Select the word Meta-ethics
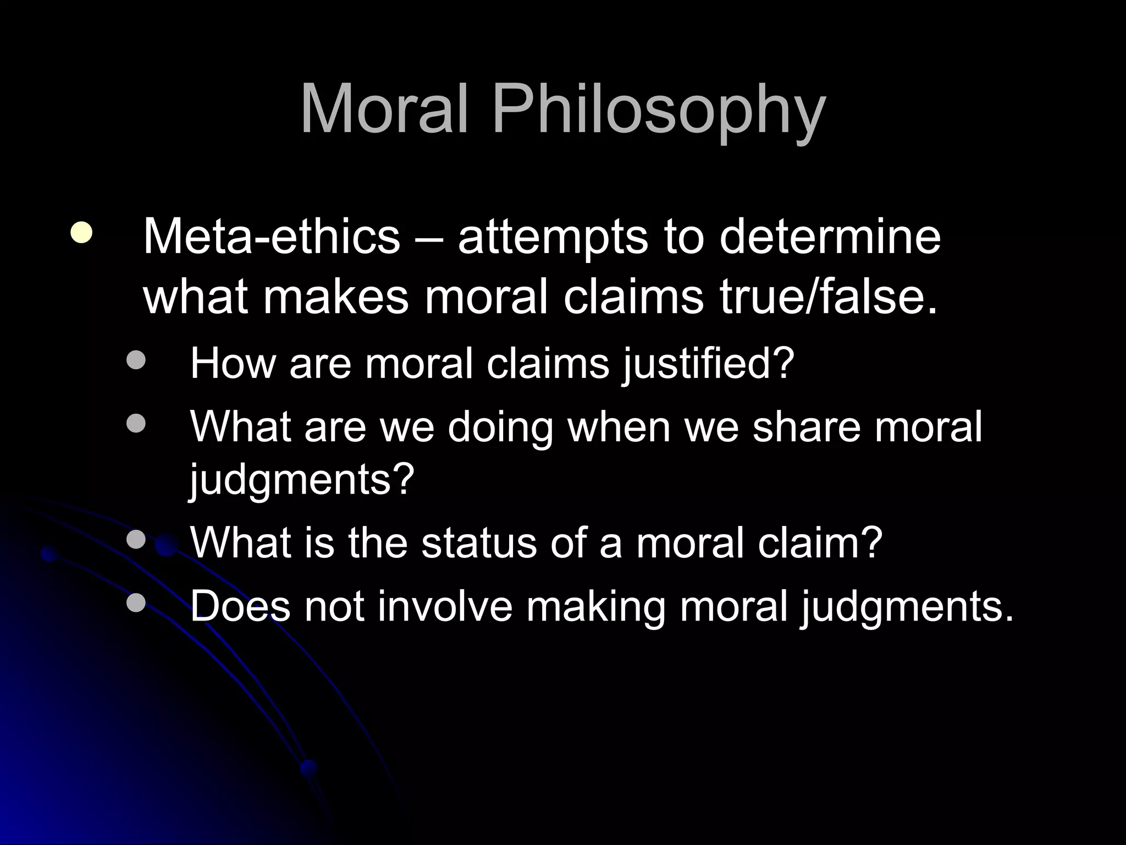point(271,237)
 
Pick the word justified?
point(709,364)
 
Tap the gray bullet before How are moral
point(136,361)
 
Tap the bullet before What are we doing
point(136,424)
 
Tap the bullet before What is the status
point(136,540)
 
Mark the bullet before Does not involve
point(136,603)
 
